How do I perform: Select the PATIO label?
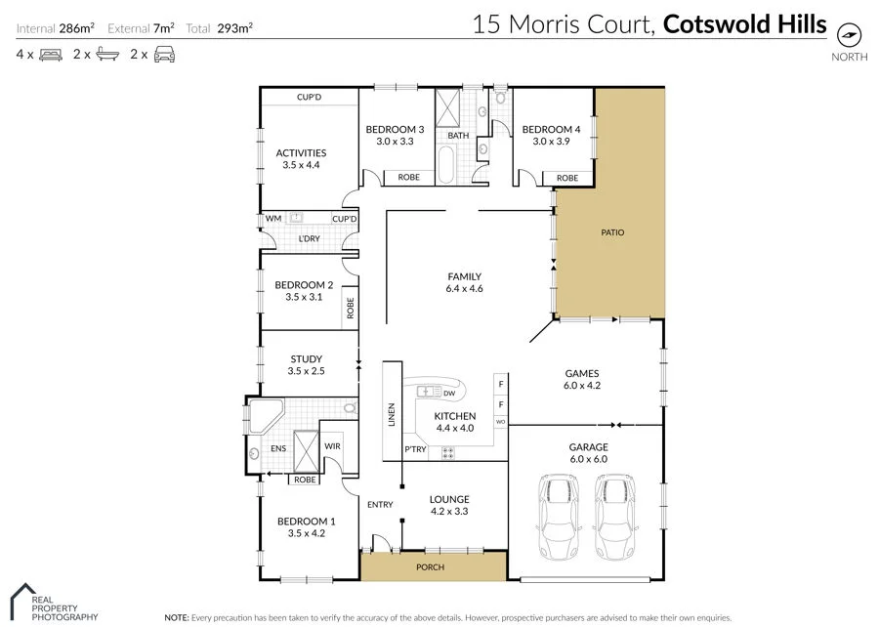[x=612, y=232]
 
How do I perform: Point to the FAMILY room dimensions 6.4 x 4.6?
[x=464, y=289]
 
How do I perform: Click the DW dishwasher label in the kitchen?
[x=449, y=394]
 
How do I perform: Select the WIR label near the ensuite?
[x=333, y=446]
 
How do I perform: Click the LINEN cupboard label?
[x=392, y=415]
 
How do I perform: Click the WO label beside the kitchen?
[x=501, y=422]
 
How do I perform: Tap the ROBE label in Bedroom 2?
[x=350, y=309]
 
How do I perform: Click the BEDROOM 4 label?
[x=551, y=130]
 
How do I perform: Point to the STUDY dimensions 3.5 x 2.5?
[x=306, y=372]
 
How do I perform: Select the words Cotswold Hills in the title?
[x=744, y=23]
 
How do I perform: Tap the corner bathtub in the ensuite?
[x=266, y=415]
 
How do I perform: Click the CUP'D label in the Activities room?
[x=310, y=98]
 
